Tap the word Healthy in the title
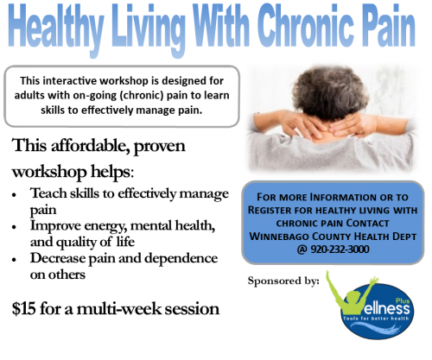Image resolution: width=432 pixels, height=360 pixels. click(55, 28)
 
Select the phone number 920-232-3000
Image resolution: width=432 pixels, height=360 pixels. click(340, 249)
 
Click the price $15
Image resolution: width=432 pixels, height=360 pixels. click(24, 308)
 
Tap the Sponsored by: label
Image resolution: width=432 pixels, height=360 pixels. click(283, 281)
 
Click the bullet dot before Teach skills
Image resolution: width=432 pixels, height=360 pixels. click(14, 195)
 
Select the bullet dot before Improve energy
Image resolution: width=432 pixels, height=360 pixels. click(14, 227)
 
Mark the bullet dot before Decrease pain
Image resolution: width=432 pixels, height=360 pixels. click(14, 260)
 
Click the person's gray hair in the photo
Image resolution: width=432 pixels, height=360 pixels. click(330, 92)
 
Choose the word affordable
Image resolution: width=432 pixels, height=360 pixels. click(89, 145)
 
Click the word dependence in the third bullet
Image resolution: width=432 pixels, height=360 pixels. click(181, 258)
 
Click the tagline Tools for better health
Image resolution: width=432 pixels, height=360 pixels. click(376, 319)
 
